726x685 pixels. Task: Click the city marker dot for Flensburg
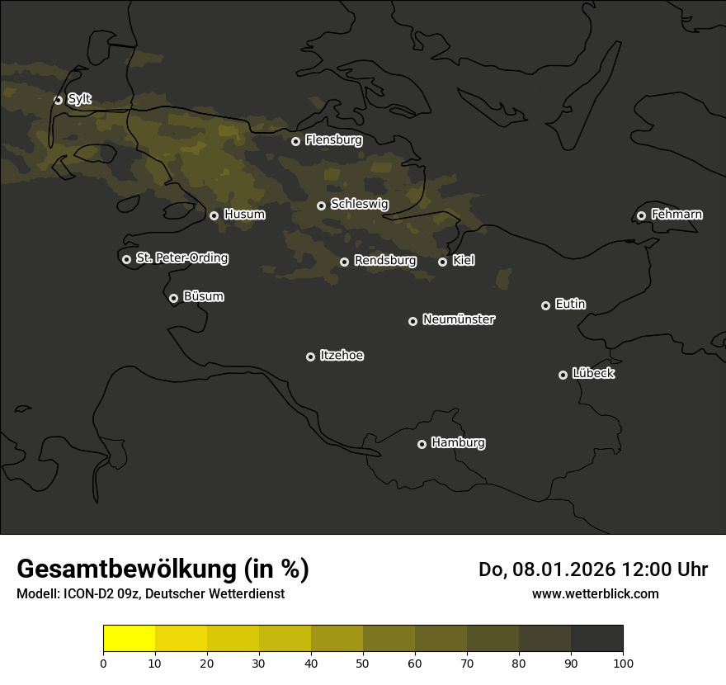(x=295, y=141)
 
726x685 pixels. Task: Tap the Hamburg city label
(x=458, y=443)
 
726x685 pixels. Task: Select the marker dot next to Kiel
(x=442, y=262)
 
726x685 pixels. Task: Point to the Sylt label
(x=79, y=99)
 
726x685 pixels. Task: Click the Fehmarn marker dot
(x=641, y=215)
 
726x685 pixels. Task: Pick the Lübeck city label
(x=593, y=374)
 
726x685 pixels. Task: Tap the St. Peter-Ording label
(x=181, y=258)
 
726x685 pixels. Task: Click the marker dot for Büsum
(x=173, y=298)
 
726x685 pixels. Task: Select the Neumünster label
(x=459, y=319)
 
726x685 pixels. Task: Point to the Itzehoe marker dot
(x=310, y=357)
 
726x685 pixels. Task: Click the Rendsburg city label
(x=385, y=261)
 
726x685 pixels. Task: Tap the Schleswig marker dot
(x=321, y=205)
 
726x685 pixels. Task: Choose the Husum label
(x=244, y=215)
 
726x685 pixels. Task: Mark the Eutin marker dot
(x=545, y=305)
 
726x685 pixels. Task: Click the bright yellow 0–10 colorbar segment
(x=130, y=638)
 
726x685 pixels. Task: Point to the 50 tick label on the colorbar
(x=363, y=663)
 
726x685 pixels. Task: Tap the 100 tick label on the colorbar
(x=623, y=663)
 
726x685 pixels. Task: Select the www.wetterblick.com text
(x=595, y=593)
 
